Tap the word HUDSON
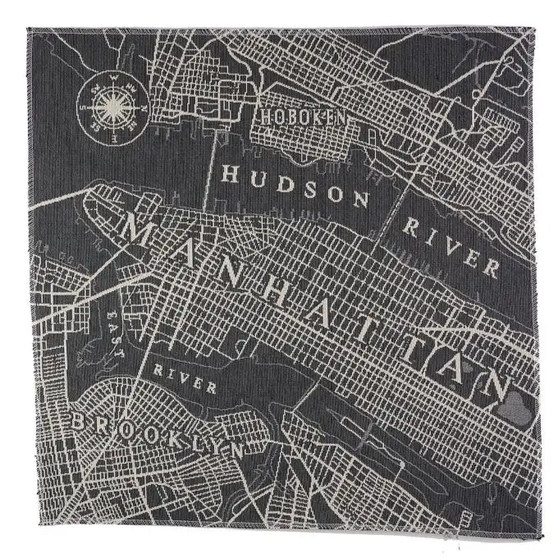(x=296, y=185)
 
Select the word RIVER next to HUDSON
(x=450, y=245)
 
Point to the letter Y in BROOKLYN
(x=208, y=443)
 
